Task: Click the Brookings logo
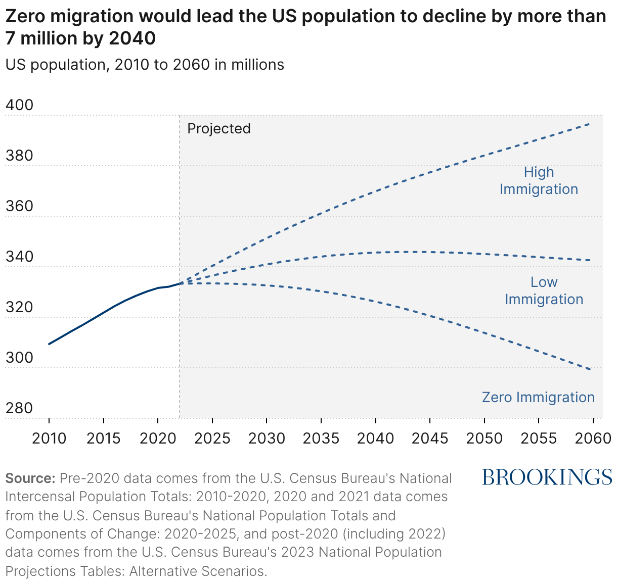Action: point(547,477)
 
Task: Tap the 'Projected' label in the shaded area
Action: point(218,128)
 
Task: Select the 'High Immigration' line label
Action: point(539,180)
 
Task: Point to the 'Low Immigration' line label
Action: point(544,290)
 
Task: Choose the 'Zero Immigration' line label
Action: point(538,397)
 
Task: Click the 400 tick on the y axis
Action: point(19,105)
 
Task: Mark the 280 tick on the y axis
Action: point(19,408)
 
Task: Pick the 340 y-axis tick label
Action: point(19,257)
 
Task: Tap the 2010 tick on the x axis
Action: point(49,438)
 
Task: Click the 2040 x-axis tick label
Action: point(375,438)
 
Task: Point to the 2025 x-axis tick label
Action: point(212,438)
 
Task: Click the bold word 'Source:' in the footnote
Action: point(30,478)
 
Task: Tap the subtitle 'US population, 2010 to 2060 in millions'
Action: point(145,65)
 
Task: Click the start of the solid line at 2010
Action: point(49,344)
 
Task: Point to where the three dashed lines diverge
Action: point(181,283)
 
